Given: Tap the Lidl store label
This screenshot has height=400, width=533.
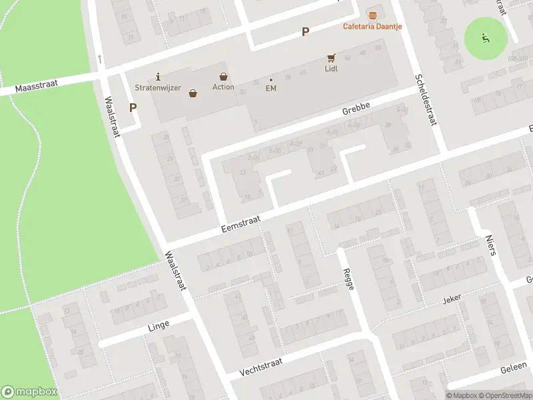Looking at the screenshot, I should pyautogui.click(x=331, y=68).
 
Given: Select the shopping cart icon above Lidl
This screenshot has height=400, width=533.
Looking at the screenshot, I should pyautogui.click(x=331, y=58).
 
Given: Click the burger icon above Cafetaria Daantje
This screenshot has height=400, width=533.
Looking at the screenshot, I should pyautogui.click(x=372, y=15).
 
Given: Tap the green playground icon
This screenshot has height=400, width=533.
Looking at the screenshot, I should pyautogui.click(x=486, y=37).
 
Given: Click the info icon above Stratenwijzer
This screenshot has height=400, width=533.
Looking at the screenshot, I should pyautogui.click(x=158, y=77).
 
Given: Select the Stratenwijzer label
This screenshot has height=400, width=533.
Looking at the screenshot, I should pyautogui.click(x=158, y=88).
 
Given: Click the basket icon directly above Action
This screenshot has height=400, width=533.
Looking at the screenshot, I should pyautogui.click(x=223, y=77).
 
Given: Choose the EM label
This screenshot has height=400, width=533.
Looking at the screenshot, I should pyautogui.click(x=271, y=88).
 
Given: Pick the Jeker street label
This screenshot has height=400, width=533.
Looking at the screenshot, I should pyautogui.click(x=452, y=301).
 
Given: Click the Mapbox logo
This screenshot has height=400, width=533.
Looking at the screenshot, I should pyautogui.click(x=29, y=392).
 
